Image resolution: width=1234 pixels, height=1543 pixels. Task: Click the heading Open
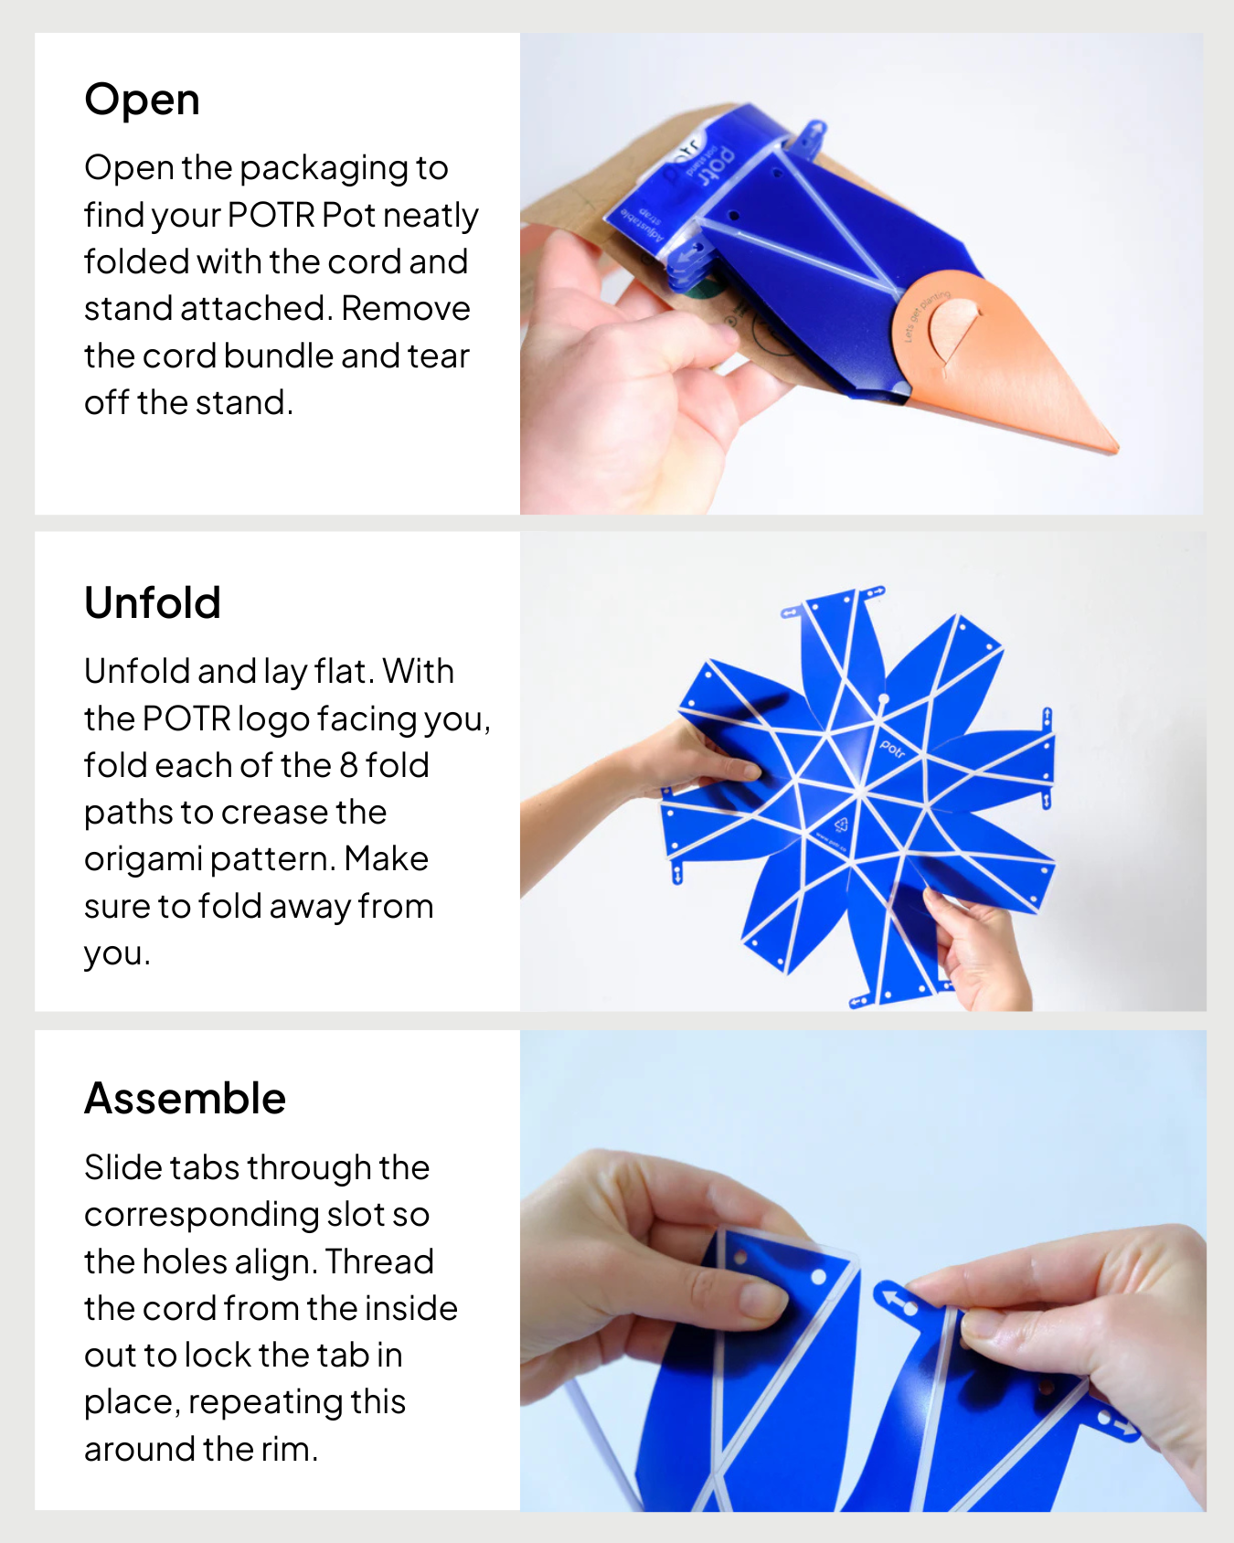pyautogui.click(x=142, y=100)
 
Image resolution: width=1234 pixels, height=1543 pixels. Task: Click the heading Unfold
pyautogui.click(x=152, y=603)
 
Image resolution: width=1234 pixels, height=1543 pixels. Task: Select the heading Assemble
pyautogui.click(x=185, y=1099)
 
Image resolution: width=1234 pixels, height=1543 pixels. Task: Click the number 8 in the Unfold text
pyautogui.click(x=348, y=765)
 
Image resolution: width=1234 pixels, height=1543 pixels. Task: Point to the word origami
pyautogui.click(x=143, y=860)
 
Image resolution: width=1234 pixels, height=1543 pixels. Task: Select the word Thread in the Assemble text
pyautogui.click(x=379, y=1261)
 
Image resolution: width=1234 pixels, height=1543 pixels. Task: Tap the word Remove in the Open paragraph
pyautogui.click(x=405, y=309)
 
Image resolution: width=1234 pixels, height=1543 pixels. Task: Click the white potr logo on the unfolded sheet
pyautogui.click(x=892, y=750)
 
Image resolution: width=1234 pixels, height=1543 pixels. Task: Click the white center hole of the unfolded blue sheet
pyautogui.click(x=883, y=700)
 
